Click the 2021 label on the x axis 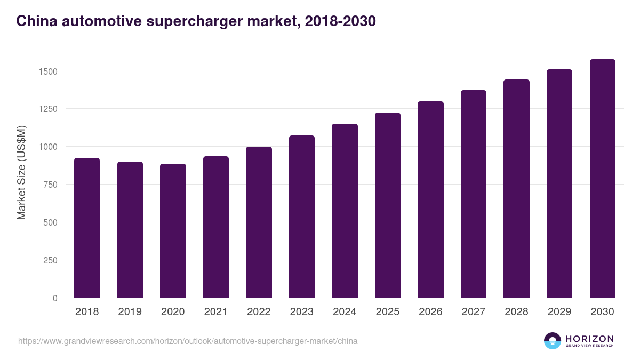216,312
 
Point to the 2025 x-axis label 388,312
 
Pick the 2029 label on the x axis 559,312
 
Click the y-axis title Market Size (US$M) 21,172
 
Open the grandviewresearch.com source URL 188,341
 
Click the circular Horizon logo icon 553,341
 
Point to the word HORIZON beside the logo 589,338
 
